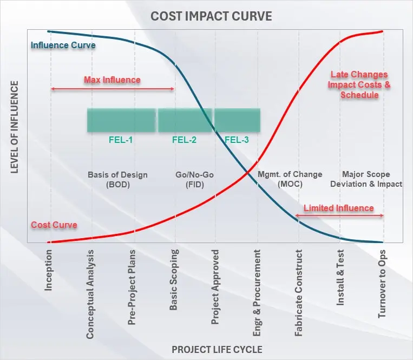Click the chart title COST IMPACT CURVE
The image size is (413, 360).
(211, 16)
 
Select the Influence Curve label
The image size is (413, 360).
(63, 45)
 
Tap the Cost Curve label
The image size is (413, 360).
(54, 225)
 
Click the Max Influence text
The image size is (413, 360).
(112, 80)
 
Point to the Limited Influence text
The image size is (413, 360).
(338, 208)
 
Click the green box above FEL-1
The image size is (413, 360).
(121, 120)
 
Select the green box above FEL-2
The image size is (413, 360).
(185, 120)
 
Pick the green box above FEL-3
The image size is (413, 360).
(237, 120)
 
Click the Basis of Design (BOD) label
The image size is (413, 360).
(117, 179)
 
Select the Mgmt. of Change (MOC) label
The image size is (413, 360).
(290, 179)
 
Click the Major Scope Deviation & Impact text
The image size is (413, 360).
(372, 179)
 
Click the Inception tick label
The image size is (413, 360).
(49, 269)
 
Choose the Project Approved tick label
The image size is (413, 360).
(215, 286)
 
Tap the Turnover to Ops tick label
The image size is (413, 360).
(382, 283)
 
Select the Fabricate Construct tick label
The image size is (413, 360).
(299, 292)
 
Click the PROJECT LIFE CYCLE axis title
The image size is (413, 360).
(217, 349)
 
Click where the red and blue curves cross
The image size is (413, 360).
(247, 173)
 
